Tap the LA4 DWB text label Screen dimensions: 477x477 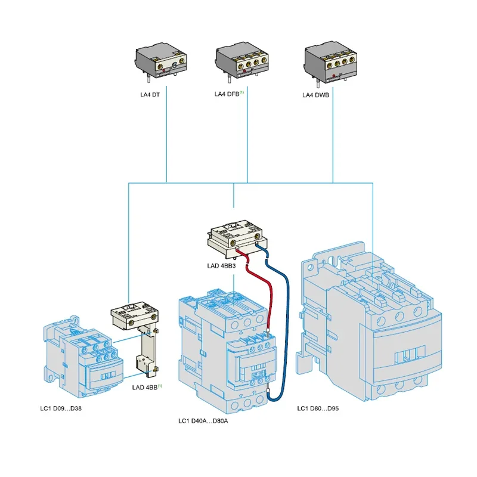tap(316, 94)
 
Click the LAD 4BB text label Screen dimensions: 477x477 tap(144, 387)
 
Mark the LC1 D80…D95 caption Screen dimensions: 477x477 tap(322, 408)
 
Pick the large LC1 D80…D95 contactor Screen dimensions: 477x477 tap(370, 322)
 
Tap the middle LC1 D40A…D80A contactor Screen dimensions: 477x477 tap(227, 352)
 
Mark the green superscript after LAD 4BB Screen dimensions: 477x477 tap(160, 385)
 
